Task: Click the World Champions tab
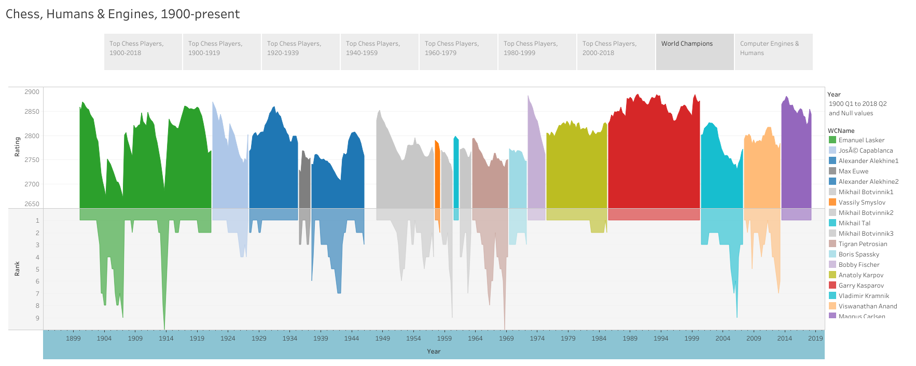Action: click(x=695, y=51)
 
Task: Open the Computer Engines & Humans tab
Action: click(x=773, y=51)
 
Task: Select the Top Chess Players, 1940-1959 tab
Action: click(x=379, y=51)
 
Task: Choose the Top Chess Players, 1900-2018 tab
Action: click(x=143, y=51)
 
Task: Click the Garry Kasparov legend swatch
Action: click(x=832, y=286)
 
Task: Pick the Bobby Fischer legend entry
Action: click(x=859, y=265)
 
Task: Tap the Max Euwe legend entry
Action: click(x=853, y=171)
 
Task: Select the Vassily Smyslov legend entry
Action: click(x=862, y=202)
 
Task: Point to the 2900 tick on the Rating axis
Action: click(x=32, y=92)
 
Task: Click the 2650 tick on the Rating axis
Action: click(x=32, y=204)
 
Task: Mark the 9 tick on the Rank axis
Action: click(x=37, y=318)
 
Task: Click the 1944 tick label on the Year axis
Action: click(x=352, y=338)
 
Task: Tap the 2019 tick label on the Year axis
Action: click(x=815, y=338)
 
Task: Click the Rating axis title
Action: click(x=17, y=147)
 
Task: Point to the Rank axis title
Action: click(x=17, y=268)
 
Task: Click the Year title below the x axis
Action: click(x=434, y=351)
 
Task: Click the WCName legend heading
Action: click(x=841, y=131)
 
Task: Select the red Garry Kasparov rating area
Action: click(x=654, y=156)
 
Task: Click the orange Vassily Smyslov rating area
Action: click(x=437, y=177)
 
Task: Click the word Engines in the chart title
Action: click(x=131, y=14)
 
